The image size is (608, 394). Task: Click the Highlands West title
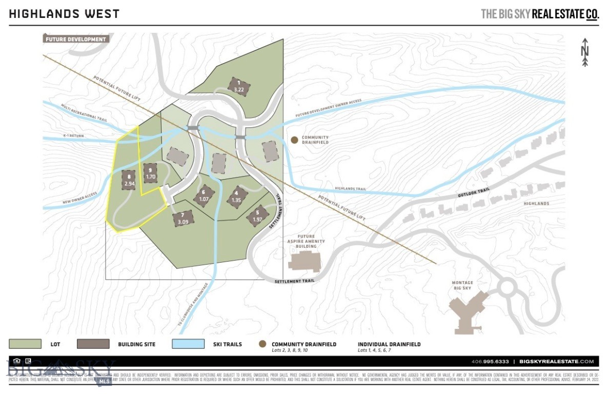(64, 14)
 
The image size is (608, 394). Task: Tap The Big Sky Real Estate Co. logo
(539, 14)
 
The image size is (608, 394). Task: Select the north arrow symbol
(584, 52)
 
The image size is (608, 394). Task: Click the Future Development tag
(75, 39)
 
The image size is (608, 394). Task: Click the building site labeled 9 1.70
(150, 173)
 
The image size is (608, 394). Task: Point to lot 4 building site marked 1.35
(236, 196)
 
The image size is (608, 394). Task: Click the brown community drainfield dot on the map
(294, 140)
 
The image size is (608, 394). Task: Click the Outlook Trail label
(474, 191)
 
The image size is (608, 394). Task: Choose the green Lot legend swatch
(25, 344)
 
